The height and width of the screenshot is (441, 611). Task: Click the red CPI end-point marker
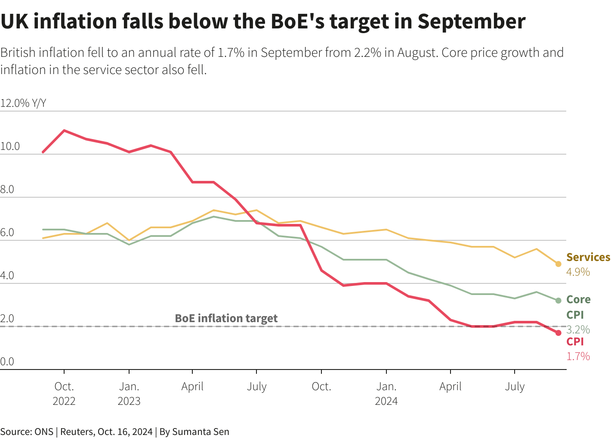pyautogui.click(x=559, y=333)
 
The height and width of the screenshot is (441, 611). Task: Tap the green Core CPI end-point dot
pyautogui.click(x=559, y=301)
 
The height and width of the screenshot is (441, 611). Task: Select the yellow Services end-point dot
pyautogui.click(x=559, y=264)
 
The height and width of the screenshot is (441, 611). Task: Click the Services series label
pyautogui.click(x=588, y=258)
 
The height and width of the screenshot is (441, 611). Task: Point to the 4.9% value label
pyautogui.click(x=578, y=272)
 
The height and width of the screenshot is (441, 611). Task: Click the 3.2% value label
pyautogui.click(x=578, y=330)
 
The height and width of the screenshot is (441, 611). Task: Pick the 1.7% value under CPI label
pyautogui.click(x=578, y=357)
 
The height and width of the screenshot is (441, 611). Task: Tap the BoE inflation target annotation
pyautogui.click(x=226, y=318)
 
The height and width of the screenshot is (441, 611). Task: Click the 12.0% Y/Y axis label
pyautogui.click(x=23, y=103)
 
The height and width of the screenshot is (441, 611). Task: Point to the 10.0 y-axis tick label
pyautogui.click(x=10, y=146)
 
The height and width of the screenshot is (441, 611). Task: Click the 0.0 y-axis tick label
pyautogui.click(x=7, y=362)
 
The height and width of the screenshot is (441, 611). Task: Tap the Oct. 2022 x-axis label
pyautogui.click(x=64, y=394)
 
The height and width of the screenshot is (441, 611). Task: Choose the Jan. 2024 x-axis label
pyautogui.click(x=386, y=394)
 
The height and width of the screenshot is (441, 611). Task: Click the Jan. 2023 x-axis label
pyautogui.click(x=129, y=394)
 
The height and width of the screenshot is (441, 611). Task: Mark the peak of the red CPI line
pyautogui.click(x=64, y=130)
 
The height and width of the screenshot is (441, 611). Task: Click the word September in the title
pyautogui.click(x=471, y=22)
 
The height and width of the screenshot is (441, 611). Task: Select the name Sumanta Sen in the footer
pyautogui.click(x=201, y=432)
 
